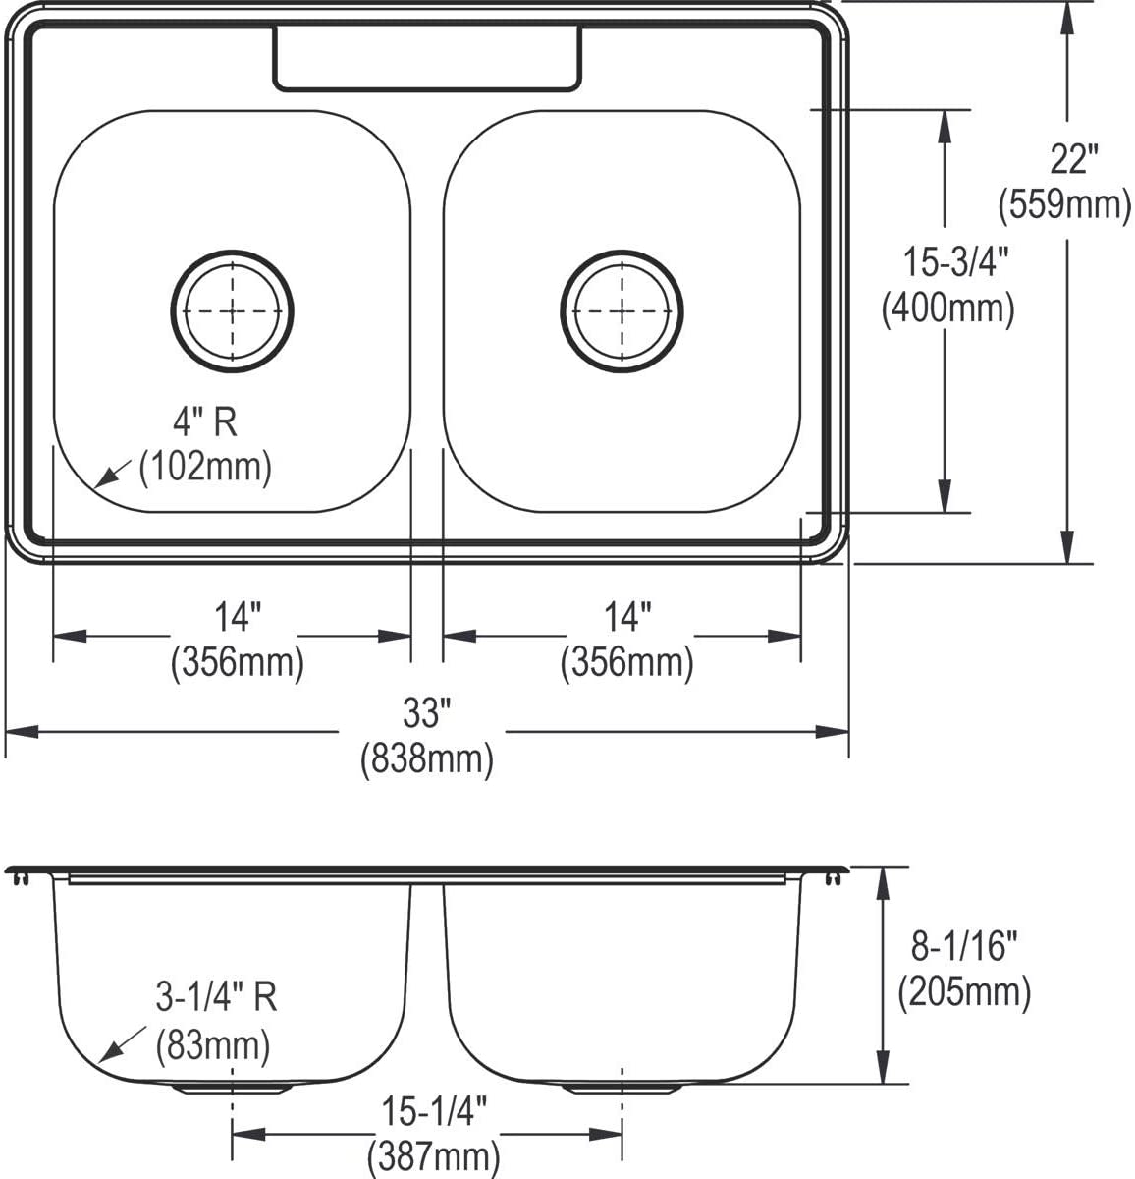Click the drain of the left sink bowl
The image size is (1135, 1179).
click(x=233, y=310)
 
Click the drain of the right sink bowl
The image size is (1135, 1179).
click(x=622, y=310)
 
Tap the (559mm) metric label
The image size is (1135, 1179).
click(x=1065, y=205)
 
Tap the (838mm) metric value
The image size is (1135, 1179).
click(x=426, y=758)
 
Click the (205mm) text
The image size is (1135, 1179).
click(x=964, y=993)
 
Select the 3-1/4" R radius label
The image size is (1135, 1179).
click(x=216, y=998)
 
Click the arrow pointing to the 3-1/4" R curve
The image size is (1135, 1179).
click(x=114, y=1048)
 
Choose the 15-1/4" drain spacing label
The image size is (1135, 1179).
click(x=432, y=1113)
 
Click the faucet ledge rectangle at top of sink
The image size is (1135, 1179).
click(x=427, y=59)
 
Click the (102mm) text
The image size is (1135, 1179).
click(x=204, y=467)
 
